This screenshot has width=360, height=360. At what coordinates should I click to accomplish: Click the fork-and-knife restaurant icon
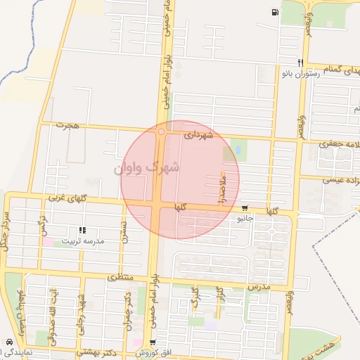(300, 61)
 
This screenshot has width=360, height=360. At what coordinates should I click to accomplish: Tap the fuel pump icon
(273, 13)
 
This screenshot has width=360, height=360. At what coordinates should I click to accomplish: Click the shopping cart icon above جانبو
(244, 208)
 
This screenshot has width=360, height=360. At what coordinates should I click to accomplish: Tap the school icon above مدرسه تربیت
(82, 230)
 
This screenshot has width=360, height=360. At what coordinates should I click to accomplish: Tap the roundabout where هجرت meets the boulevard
(162, 131)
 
